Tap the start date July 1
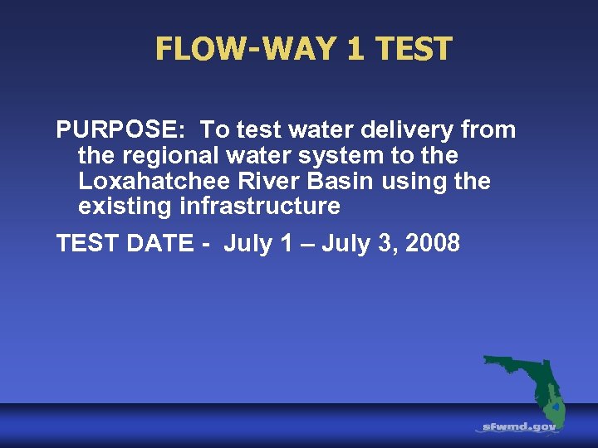point(257,243)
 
